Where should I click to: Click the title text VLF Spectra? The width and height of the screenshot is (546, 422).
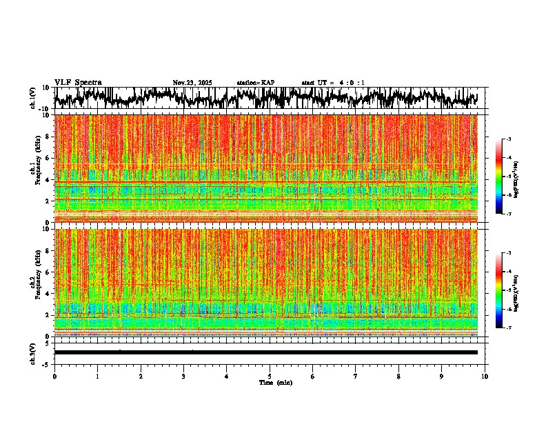(x=78, y=83)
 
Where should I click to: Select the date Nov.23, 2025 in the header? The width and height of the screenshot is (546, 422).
(x=192, y=83)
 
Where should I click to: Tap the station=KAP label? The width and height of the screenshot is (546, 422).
(x=256, y=83)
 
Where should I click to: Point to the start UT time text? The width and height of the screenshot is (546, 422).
(x=333, y=83)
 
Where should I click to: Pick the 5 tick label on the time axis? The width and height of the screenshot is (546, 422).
(x=270, y=376)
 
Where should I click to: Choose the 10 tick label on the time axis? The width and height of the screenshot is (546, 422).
(x=485, y=376)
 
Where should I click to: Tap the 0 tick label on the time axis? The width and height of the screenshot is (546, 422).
(x=54, y=376)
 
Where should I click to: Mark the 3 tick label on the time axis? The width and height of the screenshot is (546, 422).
(x=183, y=376)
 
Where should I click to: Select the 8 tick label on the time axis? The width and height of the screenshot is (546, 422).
(x=398, y=376)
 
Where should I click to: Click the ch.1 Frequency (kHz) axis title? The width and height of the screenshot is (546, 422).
(x=35, y=169)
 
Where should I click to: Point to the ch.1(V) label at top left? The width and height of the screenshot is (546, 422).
(x=34, y=98)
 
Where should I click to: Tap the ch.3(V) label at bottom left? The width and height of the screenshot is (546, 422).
(x=34, y=352)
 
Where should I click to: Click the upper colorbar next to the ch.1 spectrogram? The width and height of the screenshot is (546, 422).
(x=498, y=177)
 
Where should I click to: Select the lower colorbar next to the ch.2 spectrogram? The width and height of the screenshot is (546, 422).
(x=498, y=290)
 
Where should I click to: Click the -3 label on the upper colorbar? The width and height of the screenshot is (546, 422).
(x=508, y=139)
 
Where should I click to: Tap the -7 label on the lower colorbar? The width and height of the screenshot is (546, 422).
(x=508, y=328)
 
